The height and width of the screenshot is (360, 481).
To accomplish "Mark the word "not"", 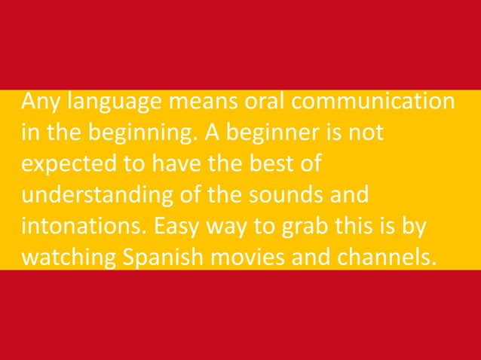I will point(366,135).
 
